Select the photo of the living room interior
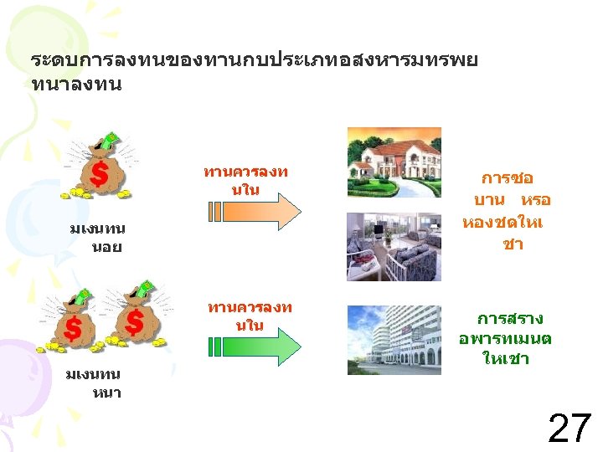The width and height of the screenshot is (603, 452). (x=394, y=245)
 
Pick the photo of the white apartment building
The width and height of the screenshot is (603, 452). (x=394, y=340)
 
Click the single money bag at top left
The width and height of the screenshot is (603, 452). (x=99, y=167)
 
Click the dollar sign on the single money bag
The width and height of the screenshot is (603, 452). (x=99, y=175)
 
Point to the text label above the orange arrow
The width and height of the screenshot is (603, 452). (x=245, y=181)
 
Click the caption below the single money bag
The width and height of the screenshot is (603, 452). (x=95, y=238)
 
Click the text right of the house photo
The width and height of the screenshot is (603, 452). (x=506, y=212)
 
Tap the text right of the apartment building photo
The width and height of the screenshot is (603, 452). (x=506, y=339)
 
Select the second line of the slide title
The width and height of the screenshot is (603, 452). (x=76, y=85)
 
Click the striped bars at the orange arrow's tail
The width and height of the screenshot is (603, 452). (x=214, y=211)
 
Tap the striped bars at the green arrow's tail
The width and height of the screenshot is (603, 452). (x=214, y=345)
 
